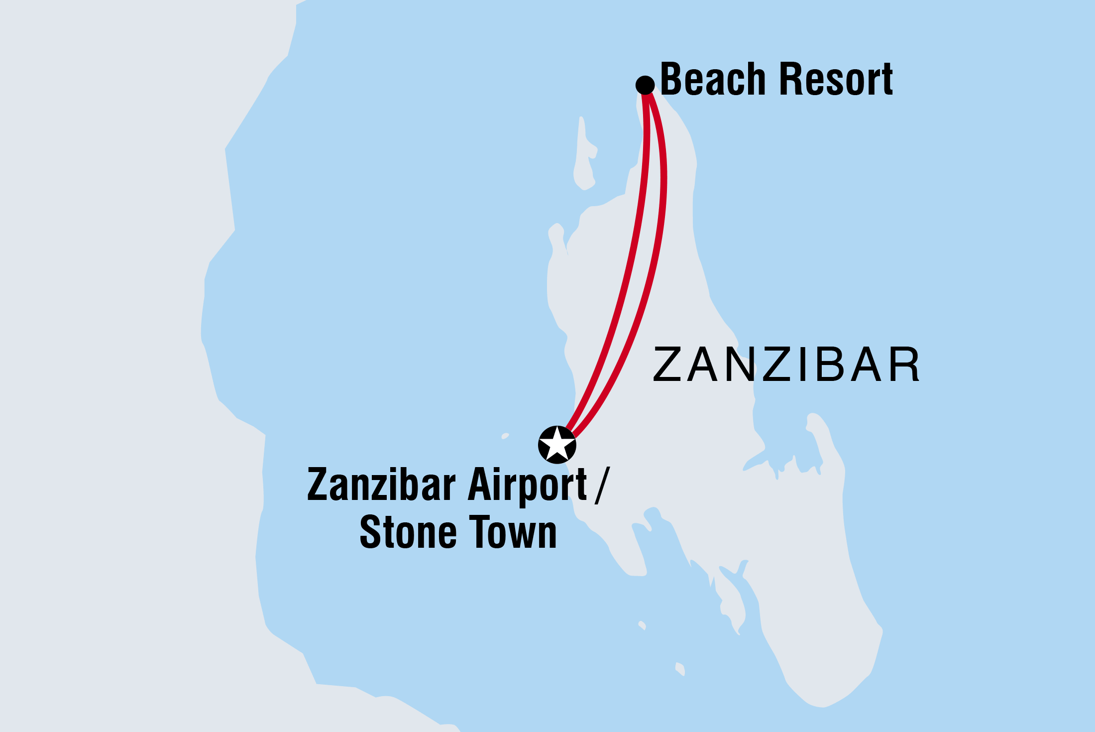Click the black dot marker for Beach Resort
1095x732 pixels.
click(645, 85)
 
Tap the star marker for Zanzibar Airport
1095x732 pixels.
click(557, 445)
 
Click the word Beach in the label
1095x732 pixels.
click(713, 79)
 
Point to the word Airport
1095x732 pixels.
click(527, 485)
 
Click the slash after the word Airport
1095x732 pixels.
click(601, 485)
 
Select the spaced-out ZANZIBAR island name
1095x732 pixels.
click(786, 365)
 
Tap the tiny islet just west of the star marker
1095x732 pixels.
click(505, 436)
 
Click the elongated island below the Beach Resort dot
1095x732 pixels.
click(584, 154)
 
